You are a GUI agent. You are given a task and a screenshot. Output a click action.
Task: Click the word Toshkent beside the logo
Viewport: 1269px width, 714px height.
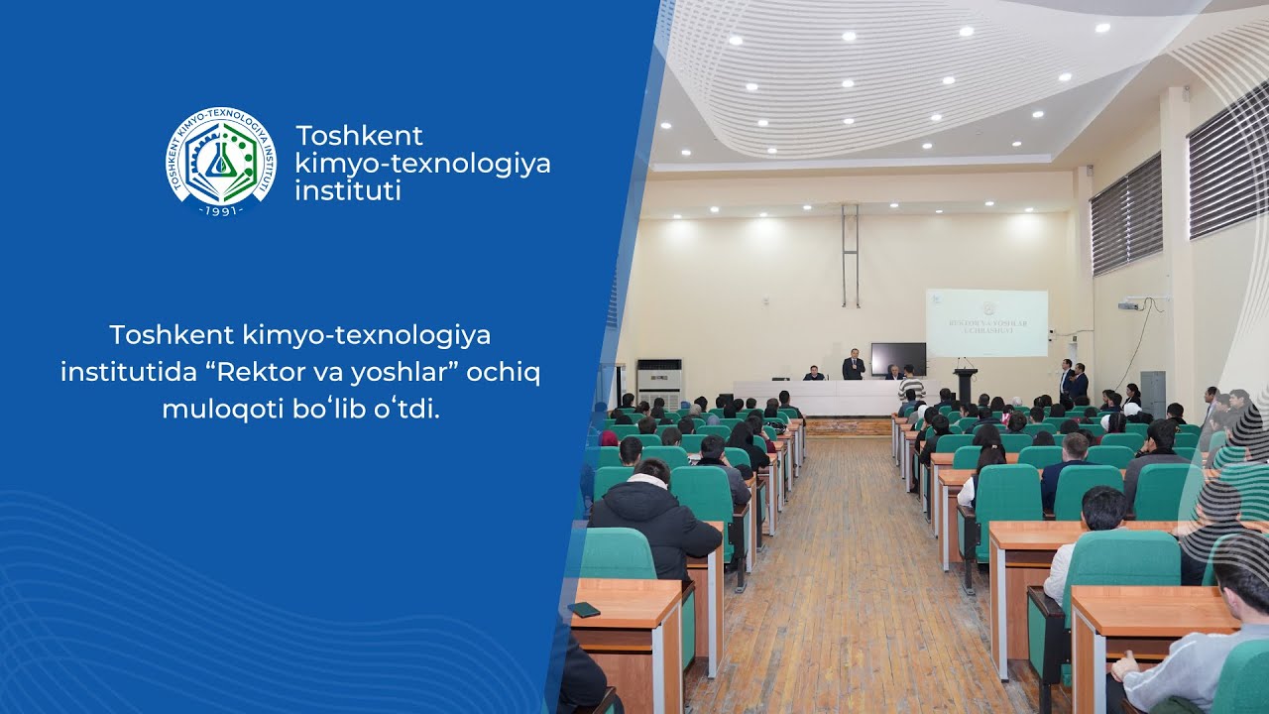tap(359, 136)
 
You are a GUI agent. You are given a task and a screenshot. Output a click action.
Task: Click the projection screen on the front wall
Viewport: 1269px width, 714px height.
tap(986, 322)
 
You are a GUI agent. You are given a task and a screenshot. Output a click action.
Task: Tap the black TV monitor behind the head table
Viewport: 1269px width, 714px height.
tap(898, 358)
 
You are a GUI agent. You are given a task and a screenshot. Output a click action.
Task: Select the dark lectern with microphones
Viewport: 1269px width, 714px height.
tap(965, 385)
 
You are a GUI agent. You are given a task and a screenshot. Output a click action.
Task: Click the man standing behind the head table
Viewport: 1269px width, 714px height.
tap(853, 364)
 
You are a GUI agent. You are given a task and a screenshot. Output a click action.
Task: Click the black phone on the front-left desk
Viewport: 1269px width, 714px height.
tap(584, 609)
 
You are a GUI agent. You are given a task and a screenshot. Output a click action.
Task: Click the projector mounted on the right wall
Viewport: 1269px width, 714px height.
tap(1128, 305)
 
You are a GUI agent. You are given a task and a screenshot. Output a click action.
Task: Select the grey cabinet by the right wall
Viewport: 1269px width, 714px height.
tap(1152, 392)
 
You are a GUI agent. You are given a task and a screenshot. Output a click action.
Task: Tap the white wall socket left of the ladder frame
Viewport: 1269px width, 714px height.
tap(763, 298)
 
